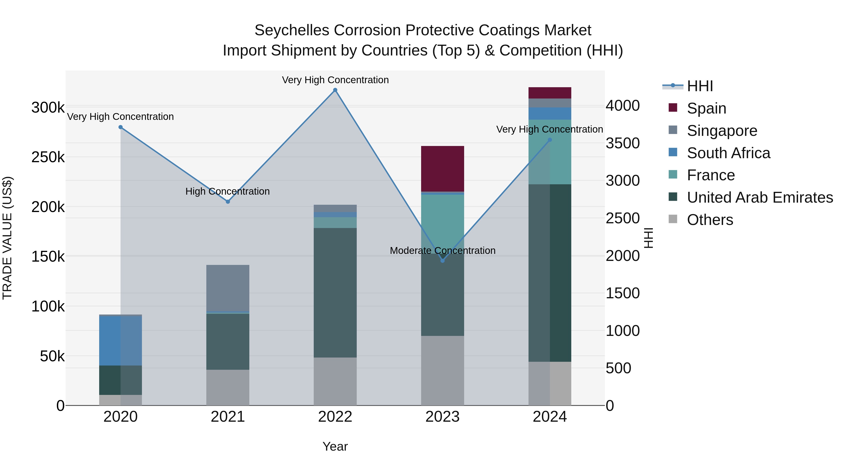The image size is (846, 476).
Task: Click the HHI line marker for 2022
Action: [x=335, y=90]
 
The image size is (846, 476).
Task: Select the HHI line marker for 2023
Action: [x=442, y=260]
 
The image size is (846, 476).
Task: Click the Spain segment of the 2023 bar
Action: [x=442, y=169]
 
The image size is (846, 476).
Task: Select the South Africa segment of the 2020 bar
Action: [x=121, y=341]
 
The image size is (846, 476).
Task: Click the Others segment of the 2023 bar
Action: [x=442, y=370]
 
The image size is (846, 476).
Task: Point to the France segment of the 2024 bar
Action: [x=550, y=152]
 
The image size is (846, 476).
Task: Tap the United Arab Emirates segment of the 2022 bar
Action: [x=335, y=293]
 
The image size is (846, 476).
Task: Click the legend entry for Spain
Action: [x=706, y=108]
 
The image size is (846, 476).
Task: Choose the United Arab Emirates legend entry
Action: [x=760, y=198]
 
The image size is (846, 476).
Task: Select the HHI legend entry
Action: [x=700, y=86]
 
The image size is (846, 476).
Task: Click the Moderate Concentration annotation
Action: [x=442, y=251]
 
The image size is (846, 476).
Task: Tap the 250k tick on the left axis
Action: [x=48, y=157]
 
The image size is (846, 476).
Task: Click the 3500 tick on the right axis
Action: [x=622, y=143]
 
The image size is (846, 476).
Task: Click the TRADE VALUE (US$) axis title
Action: [x=8, y=238]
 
